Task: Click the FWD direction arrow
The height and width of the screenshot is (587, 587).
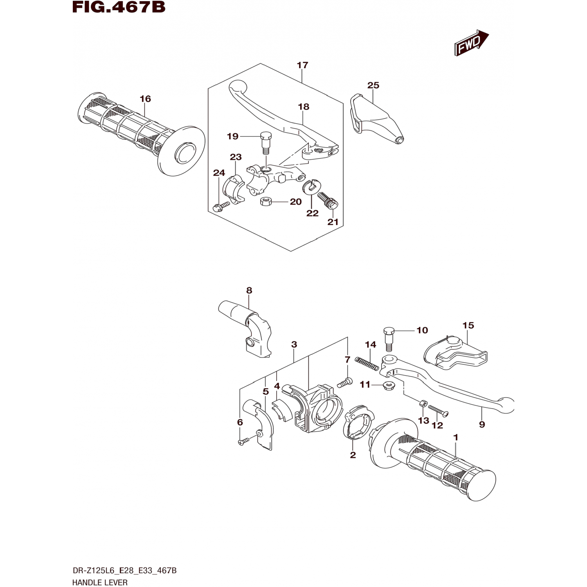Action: click(472, 43)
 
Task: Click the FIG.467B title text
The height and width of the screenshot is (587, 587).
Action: click(119, 7)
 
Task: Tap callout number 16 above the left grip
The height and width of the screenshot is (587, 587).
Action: click(145, 99)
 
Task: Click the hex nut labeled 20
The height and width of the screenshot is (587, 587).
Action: click(266, 202)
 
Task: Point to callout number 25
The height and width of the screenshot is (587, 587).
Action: click(373, 85)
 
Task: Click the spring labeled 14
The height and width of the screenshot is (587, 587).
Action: click(367, 364)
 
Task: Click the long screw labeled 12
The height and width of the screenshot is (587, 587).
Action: click(438, 410)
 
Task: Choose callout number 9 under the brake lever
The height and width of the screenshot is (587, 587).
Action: click(482, 425)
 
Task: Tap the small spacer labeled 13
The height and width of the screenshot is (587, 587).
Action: click(422, 403)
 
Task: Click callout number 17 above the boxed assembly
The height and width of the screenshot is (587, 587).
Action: click(303, 65)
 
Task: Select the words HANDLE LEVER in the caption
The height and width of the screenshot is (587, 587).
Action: click(100, 583)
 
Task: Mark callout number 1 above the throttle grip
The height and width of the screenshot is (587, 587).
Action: click(456, 437)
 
